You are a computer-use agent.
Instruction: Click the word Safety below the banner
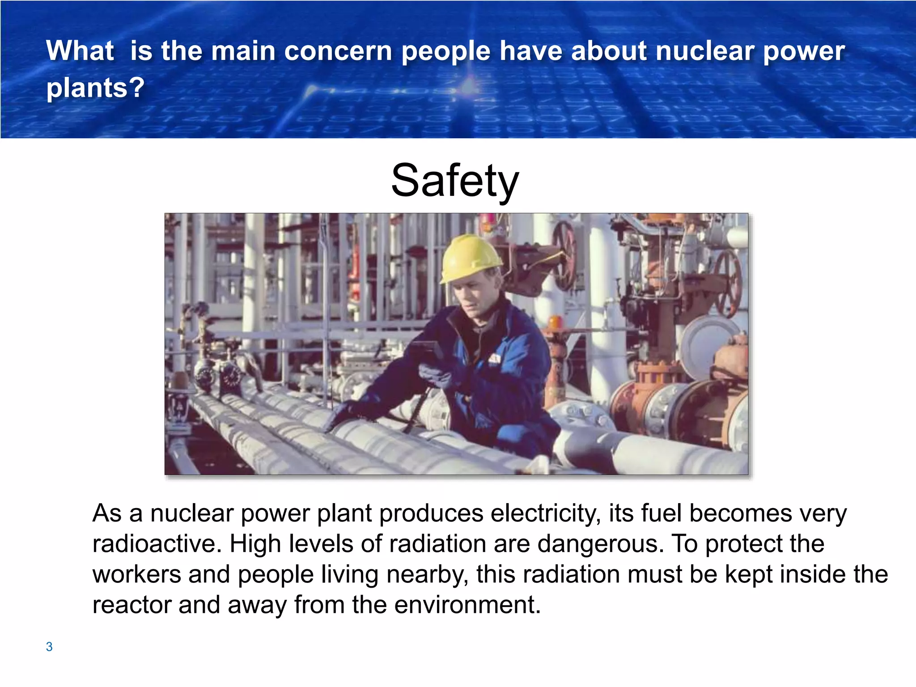[x=455, y=180]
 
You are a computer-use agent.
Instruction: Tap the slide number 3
[x=49, y=647]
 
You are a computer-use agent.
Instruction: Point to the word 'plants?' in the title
[x=95, y=88]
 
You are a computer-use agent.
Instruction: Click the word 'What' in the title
[x=80, y=51]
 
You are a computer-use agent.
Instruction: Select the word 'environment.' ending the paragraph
[x=467, y=605]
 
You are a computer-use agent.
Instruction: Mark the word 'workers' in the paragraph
[x=136, y=574]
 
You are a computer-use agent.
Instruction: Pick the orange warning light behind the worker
[x=555, y=322]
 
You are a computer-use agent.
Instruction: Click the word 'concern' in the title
[x=338, y=51]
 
